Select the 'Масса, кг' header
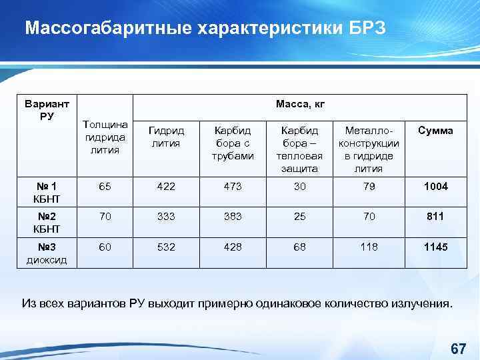[x=300, y=104]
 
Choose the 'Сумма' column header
[x=435, y=131]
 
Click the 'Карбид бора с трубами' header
[x=233, y=143]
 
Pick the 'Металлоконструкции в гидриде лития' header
[x=369, y=149]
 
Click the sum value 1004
[x=435, y=187]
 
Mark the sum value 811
[x=435, y=217]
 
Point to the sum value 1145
[x=435, y=247]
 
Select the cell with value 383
[x=233, y=217]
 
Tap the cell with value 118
[x=369, y=247]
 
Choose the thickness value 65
[x=106, y=187]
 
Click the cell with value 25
[x=300, y=217]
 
